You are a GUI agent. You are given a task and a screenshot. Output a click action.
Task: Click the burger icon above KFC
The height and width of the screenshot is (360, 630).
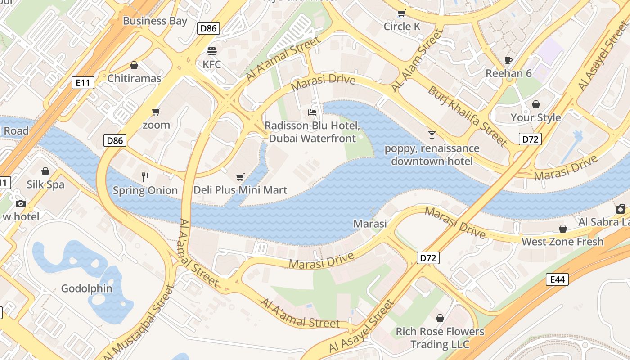(211, 51)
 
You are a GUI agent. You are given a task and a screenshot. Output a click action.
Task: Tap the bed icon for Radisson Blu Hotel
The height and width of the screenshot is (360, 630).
(312, 112)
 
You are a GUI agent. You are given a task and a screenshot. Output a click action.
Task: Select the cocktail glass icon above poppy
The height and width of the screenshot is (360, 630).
(432, 135)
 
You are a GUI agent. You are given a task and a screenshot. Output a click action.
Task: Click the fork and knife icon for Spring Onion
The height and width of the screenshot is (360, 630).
(145, 177)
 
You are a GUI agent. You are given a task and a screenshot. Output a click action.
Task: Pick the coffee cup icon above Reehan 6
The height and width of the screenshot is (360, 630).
(508, 60)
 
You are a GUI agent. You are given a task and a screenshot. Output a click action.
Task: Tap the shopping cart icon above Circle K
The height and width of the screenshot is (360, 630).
(401, 13)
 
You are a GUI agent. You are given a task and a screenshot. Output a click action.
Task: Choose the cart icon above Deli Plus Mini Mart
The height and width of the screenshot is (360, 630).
(240, 177)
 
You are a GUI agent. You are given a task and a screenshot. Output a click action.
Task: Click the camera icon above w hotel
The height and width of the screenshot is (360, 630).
(21, 203)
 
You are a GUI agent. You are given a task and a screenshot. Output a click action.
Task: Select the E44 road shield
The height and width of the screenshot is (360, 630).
(557, 279)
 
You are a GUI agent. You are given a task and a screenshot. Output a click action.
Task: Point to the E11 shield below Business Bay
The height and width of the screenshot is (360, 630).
(83, 82)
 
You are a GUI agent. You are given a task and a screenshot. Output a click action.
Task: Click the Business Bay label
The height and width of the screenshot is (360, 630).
(155, 21)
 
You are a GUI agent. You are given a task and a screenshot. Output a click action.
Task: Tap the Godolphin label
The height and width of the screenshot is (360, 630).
(87, 288)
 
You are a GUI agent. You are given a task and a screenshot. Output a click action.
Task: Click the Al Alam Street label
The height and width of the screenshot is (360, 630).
(417, 60)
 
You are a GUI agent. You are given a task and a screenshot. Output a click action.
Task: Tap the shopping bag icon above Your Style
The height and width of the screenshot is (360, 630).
(535, 104)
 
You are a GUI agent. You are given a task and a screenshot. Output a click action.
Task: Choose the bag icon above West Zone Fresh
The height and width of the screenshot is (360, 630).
(562, 229)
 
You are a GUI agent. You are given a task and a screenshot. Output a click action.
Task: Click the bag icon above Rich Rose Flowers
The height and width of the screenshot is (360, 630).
(440, 318)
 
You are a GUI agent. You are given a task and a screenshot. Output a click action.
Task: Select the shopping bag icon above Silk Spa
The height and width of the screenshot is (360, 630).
(45, 171)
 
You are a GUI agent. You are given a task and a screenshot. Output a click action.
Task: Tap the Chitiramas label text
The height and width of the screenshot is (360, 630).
(134, 78)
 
